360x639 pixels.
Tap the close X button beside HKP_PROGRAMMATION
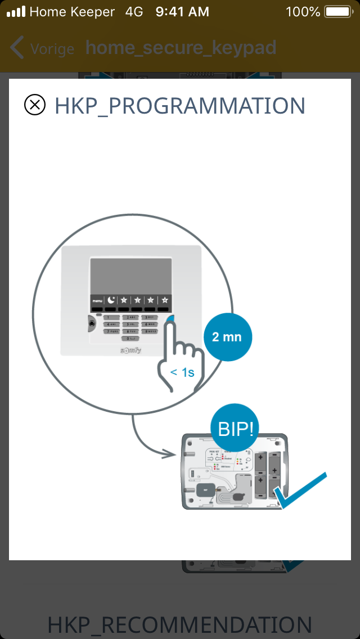pyautogui.click(x=35, y=105)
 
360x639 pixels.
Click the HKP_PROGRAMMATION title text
pyautogui.click(x=180, y=106)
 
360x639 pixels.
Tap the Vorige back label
pyautogui.click(x=52, y=49)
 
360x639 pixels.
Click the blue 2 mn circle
pyautogui.click(x=227, y=337)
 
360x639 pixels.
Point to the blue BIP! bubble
pyautogui.click(x=235, y=430)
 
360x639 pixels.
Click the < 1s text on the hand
pyautogui.click(x=182, y=372)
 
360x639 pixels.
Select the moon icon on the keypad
pyautogui.click(x=111, y=300)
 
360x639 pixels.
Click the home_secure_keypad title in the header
pyautogui.click(x=181, y=48)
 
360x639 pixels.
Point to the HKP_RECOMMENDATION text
pyautogui.click(x=180, y=625)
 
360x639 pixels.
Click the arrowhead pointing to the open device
pyautogui.click(x=172, y=452)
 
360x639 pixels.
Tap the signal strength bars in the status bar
pyautogui.click(x=16, y=11)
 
